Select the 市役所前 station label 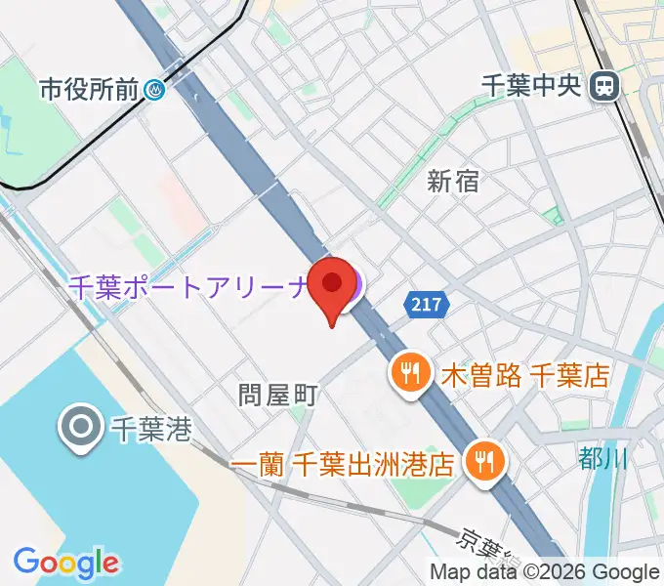tap(90, 91)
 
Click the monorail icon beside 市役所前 tap(155, 91)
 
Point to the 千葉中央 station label tap(534, 86)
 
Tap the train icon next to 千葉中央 tap(605, 86)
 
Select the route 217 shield tap(427, 306)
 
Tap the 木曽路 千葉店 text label tap(525, 373)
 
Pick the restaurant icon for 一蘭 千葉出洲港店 tap(482, 460)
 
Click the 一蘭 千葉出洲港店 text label tap(345, 461)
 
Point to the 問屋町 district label tap(279, 395)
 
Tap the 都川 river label tap(602, 457)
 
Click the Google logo tap(65, 562)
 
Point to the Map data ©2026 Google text tap(545, 572)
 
